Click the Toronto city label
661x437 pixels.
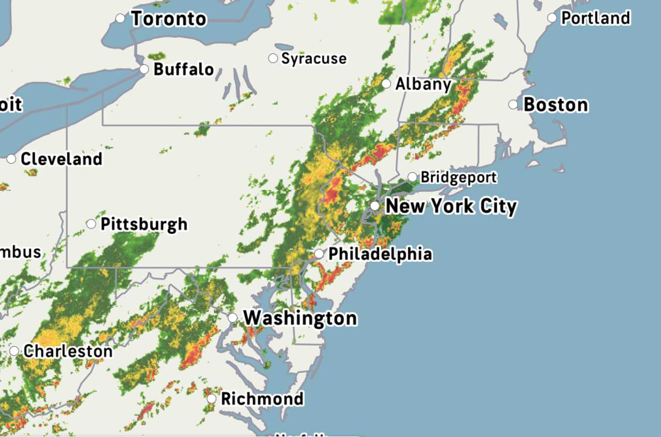click(x=168, y=19)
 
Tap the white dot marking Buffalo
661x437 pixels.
click(x=145, y=69)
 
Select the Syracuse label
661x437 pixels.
click(x=313, y=59)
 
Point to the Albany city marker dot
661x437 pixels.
click(x=386, y=84)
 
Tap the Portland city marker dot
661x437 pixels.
click(x=552, y=18)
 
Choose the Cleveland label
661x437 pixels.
click(x=61, y=159)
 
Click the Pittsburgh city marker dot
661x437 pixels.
click(x=91, y=224)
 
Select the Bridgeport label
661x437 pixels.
click(x=459, y=177)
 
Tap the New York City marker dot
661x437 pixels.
click(x=375, y=206)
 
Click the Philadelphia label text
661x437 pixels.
click(x=380, y=254)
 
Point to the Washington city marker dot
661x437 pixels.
click(x=233, y=318)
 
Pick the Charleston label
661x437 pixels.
click(x=68, y=351)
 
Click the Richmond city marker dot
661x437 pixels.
click(x=212, y=399)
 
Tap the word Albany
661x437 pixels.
click(x=423, y=84)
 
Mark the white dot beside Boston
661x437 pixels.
click(x=513, y=105)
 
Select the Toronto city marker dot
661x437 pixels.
click(x=120, y=19)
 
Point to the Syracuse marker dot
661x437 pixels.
click(x=273, y=58)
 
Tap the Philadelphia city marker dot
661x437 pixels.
click(x=319, y=254)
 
